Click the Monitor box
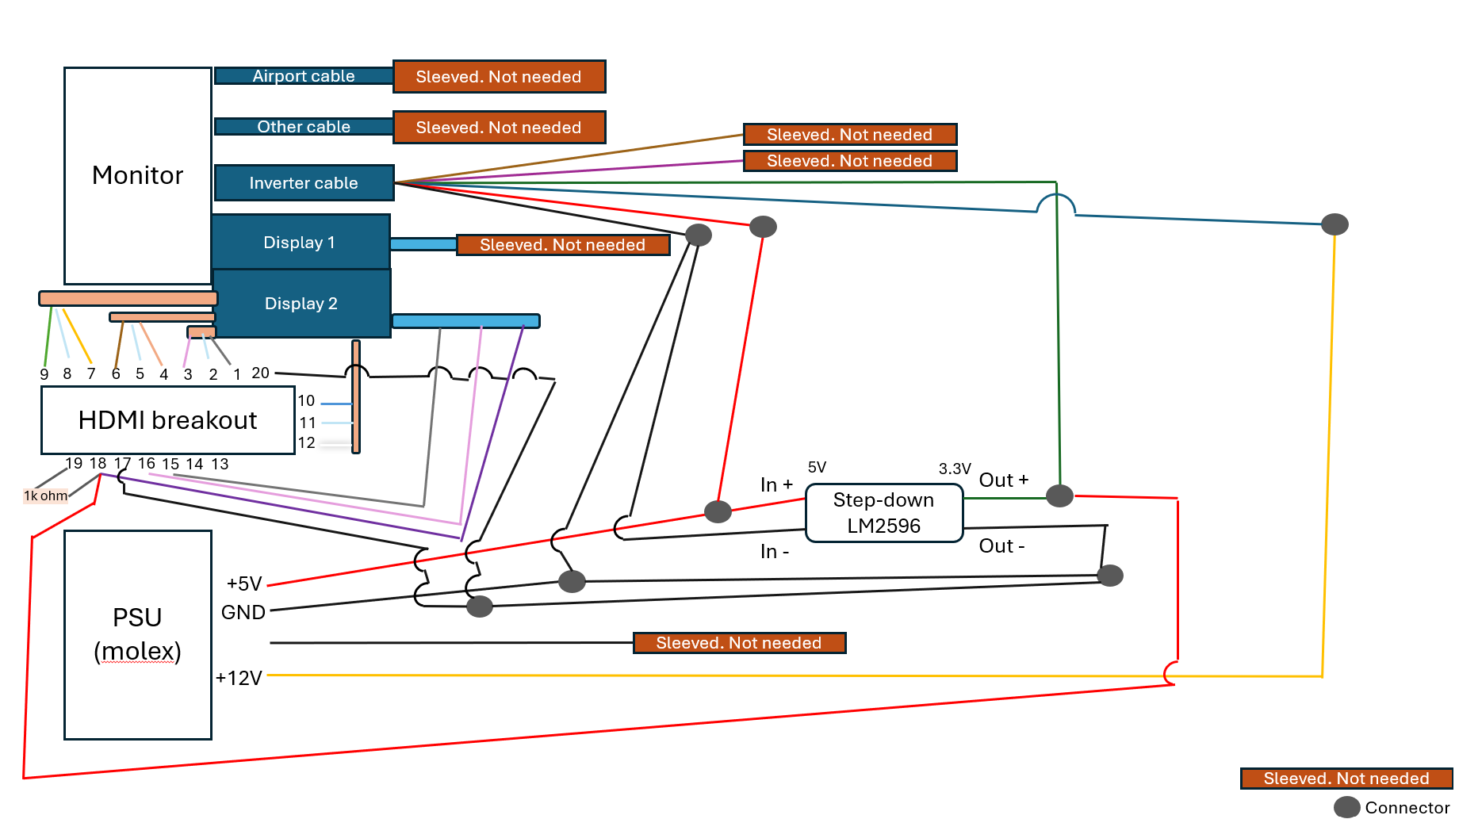click(x=137, y=175)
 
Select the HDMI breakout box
click(x=167, y=420)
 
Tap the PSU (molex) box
click(x=137, y=634)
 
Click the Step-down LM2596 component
click(x=883, y=513)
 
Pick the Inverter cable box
click(x=304, y=183)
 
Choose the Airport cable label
click(x=304, y=76)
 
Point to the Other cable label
click(x=304, y=127)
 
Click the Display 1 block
click(x=300, y=243)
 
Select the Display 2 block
click(x=301, y=304)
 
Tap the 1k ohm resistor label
click(x=46, y=496)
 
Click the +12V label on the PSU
click(x=239, y=678)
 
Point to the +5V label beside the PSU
click(x=244, y=584)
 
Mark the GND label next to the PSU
click(x=243, y=612)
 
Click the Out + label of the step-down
click(x=1004, y=480)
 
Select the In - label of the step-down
click(x=775, y=551)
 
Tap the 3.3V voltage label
click(x=955, y=469)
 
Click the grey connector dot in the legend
click(x=1347, y=807)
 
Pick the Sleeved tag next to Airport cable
click(x=499, y=77)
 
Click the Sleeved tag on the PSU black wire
click(x=739, y=643)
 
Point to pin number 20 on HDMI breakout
click(x=261, y=373)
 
